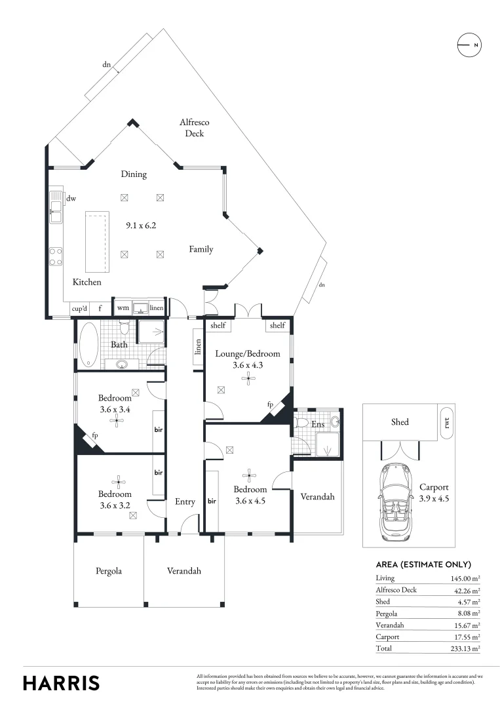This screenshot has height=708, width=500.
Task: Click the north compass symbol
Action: coord(469,45)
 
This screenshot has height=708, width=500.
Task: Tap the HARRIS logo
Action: coord(62,682)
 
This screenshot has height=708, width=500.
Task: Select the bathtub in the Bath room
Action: coord(88,344)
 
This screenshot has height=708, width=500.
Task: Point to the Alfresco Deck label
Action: coord(194,128)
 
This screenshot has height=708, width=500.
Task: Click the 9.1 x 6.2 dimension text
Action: coord(141,226)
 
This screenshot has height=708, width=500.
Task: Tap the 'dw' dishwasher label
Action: coord(71,198)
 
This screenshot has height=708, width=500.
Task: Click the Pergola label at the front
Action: coord(108,571)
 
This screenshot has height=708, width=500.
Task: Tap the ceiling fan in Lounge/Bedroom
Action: coord(248,377)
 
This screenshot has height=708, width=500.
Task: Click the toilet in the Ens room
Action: coord(302,423)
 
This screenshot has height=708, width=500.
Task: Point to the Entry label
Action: coord(185,501)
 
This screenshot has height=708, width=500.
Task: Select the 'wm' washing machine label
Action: coord(123,307)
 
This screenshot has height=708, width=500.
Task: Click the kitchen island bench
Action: coord(98,243)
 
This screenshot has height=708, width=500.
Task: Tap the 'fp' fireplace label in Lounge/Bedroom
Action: coord(270,404)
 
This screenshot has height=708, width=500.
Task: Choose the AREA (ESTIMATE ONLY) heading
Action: coord(423,564)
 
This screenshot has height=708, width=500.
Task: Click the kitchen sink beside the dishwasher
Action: coord(56,208)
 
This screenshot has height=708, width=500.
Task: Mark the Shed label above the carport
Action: coord(400,422)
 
